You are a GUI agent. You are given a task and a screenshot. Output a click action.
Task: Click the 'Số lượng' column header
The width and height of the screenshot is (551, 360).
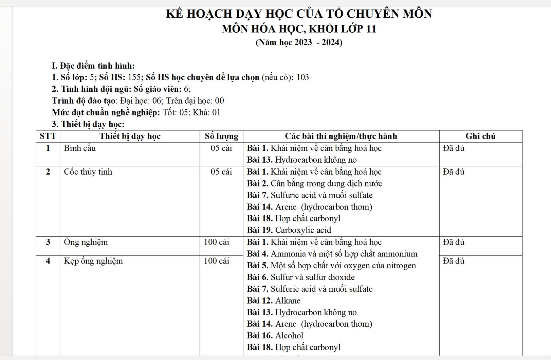point(221,136)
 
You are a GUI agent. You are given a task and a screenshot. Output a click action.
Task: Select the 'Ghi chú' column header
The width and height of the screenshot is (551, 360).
point(480,136)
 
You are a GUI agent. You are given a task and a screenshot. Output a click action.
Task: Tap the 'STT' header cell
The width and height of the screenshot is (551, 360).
point(48,136)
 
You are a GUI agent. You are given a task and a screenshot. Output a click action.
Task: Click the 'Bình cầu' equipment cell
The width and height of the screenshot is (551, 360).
point(80,148)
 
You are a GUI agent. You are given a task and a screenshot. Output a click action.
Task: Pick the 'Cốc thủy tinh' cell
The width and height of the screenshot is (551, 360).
point(88,172)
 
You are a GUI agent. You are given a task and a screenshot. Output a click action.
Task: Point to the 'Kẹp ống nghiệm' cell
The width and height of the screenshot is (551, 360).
point(93,261)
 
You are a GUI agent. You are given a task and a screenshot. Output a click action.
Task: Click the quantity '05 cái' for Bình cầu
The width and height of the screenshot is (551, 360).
point(221,148)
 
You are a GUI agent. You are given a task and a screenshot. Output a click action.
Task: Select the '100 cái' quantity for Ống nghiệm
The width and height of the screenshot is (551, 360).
point(216,242)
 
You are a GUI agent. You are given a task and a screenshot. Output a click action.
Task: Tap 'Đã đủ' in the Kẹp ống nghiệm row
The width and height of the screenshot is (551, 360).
point(454,261)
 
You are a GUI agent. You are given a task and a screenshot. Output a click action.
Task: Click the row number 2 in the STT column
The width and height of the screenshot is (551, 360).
point(48,172)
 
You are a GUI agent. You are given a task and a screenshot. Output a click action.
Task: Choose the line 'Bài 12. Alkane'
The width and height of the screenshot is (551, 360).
point(274,301)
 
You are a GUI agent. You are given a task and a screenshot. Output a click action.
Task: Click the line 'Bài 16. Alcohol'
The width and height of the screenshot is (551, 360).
point(275,336)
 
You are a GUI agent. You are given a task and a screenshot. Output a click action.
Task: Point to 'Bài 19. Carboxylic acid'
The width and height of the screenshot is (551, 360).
point(289,230)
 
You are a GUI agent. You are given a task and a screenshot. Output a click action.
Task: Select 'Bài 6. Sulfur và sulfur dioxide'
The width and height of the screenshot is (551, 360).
point(301,277)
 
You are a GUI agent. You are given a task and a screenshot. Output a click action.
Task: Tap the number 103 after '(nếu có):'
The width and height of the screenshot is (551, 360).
point(302,77)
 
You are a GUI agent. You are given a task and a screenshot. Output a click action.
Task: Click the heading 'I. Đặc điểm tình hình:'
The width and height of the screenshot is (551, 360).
point(93,66)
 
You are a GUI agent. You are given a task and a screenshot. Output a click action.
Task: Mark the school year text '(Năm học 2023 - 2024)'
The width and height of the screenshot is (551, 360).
point(299,42)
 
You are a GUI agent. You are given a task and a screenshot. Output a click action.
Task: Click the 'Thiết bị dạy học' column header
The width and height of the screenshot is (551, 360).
point(130,136)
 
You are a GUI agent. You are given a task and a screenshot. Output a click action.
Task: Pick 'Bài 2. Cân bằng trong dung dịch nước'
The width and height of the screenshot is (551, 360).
point(314,184)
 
